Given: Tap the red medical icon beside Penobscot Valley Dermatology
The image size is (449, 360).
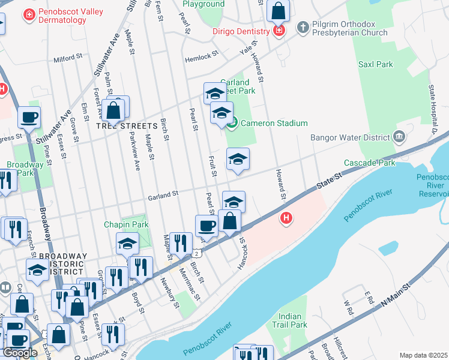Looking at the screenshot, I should click(x=28, y=14).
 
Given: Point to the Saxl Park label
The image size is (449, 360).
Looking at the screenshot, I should click(x=375, y=64).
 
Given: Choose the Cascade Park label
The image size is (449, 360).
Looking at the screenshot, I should click(x=369, y=163).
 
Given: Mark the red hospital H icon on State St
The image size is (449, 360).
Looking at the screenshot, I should click(x=286, y=218).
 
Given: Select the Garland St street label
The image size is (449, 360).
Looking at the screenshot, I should click(x=163, y=194).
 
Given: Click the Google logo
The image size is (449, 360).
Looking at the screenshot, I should click(x=20, y=353).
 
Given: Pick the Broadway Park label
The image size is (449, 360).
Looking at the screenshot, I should click(x=25, y=169).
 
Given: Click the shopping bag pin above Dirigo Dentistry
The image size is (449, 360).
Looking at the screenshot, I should click(x=278, y=11).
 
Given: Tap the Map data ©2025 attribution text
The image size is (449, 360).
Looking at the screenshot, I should click(x=424, y=355).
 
